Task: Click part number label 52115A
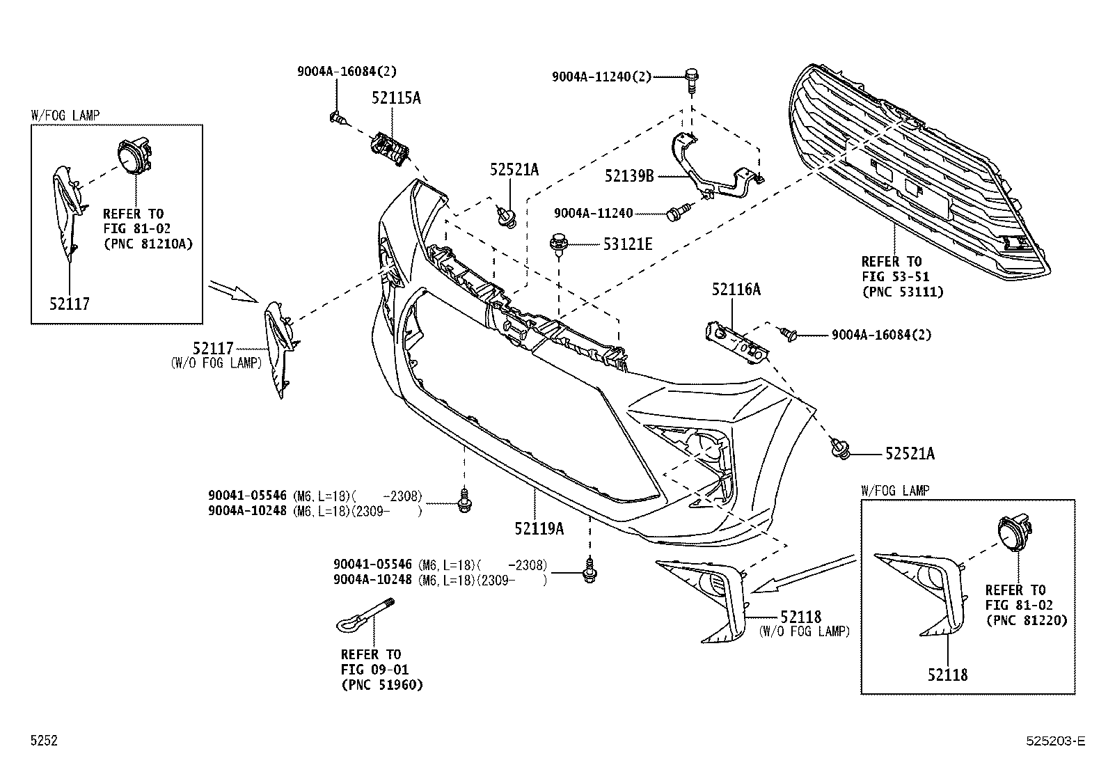coord(395,98)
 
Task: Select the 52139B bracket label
coord(629,176)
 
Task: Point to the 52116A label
coord(736,290)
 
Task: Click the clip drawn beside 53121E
coord(557,244)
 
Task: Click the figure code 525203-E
coord(1055,741)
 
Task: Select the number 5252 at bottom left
coord(43,741)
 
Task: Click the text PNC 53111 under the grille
coord(902,292)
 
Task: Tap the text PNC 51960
coord(381,685)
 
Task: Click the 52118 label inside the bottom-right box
coord(947,675)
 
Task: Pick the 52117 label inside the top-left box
coord(70,303)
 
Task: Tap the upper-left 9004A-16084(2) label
coord(347,71)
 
